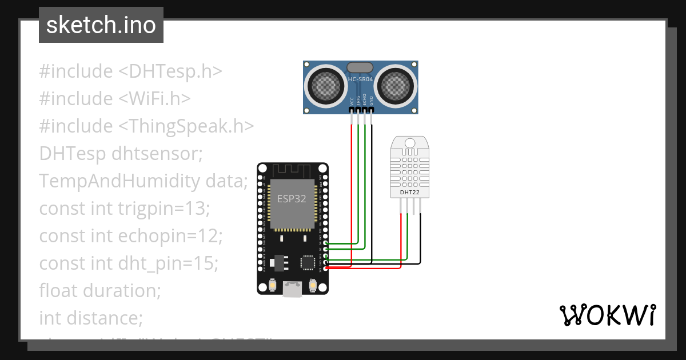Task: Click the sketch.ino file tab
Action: [x=101, y=25]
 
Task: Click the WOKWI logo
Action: [x=607, y=315]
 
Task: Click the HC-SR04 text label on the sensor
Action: [x=360, y=79]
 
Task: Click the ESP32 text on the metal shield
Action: [x=292, y=199]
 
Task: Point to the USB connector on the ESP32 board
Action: [x=293, y=289]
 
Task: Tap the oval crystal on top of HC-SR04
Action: [x=360, y=68]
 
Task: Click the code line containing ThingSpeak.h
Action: [x=146, y=126]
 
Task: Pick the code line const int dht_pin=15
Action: [x=129, y=263]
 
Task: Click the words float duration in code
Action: [x=100, y=290]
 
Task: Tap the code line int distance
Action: [x=91, y=317]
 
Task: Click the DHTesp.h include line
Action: [x=130, y=72]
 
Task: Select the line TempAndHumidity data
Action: [x=143, y=181]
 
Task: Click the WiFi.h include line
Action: [x=115, y=99]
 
